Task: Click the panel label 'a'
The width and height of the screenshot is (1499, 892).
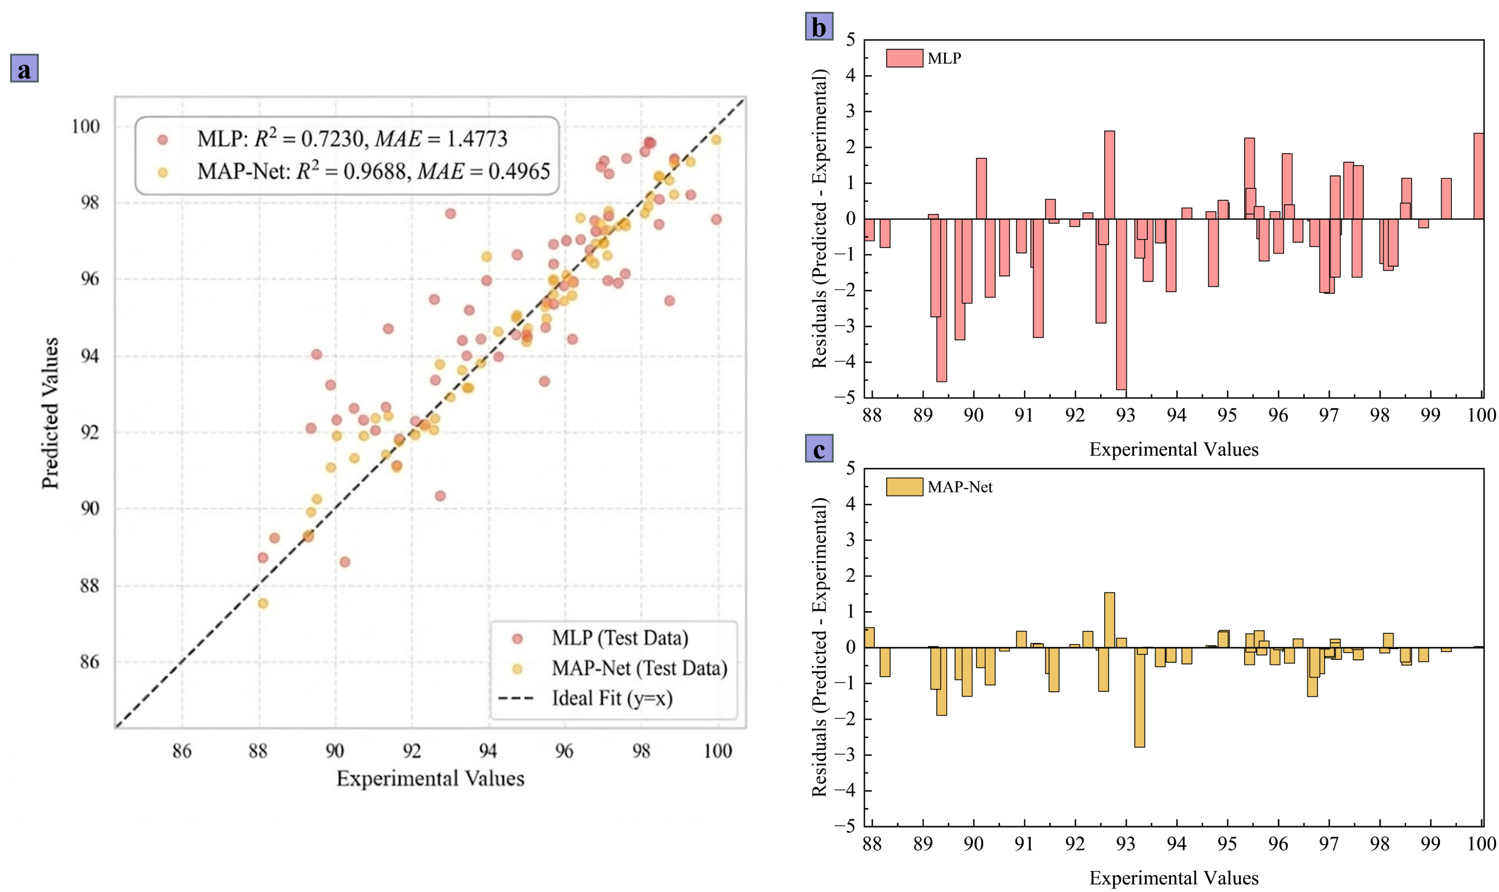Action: [24, 68]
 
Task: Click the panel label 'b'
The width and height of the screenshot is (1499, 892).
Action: [818, 27]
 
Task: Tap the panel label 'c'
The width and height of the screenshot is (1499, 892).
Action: [818, 448]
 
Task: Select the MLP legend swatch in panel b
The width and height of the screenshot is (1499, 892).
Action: [903, 58]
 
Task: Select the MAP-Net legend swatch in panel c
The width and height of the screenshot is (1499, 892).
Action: [903, 487]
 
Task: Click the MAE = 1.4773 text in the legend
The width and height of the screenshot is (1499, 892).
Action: [441, 140]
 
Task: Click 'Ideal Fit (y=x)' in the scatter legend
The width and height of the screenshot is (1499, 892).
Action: [612, 699]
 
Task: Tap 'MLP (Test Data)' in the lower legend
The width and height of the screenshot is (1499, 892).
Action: [620, 638]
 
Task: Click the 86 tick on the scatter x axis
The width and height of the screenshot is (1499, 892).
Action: [182, 751]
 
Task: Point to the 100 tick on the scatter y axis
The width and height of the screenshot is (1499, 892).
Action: [86, 126]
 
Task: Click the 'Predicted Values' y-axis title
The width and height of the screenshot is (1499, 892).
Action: [50, 413]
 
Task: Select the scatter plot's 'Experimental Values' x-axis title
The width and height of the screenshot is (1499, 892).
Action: [430, 779]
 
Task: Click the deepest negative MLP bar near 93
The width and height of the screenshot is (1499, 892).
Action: [1121, 304]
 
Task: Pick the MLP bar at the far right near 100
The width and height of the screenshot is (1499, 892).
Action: [1478, 176]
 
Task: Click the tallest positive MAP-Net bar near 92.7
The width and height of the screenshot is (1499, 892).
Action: [1109, 620]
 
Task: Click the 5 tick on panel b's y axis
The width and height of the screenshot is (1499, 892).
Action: [850, 40]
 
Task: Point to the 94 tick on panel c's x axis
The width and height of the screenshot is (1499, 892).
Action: [1176, 843]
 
